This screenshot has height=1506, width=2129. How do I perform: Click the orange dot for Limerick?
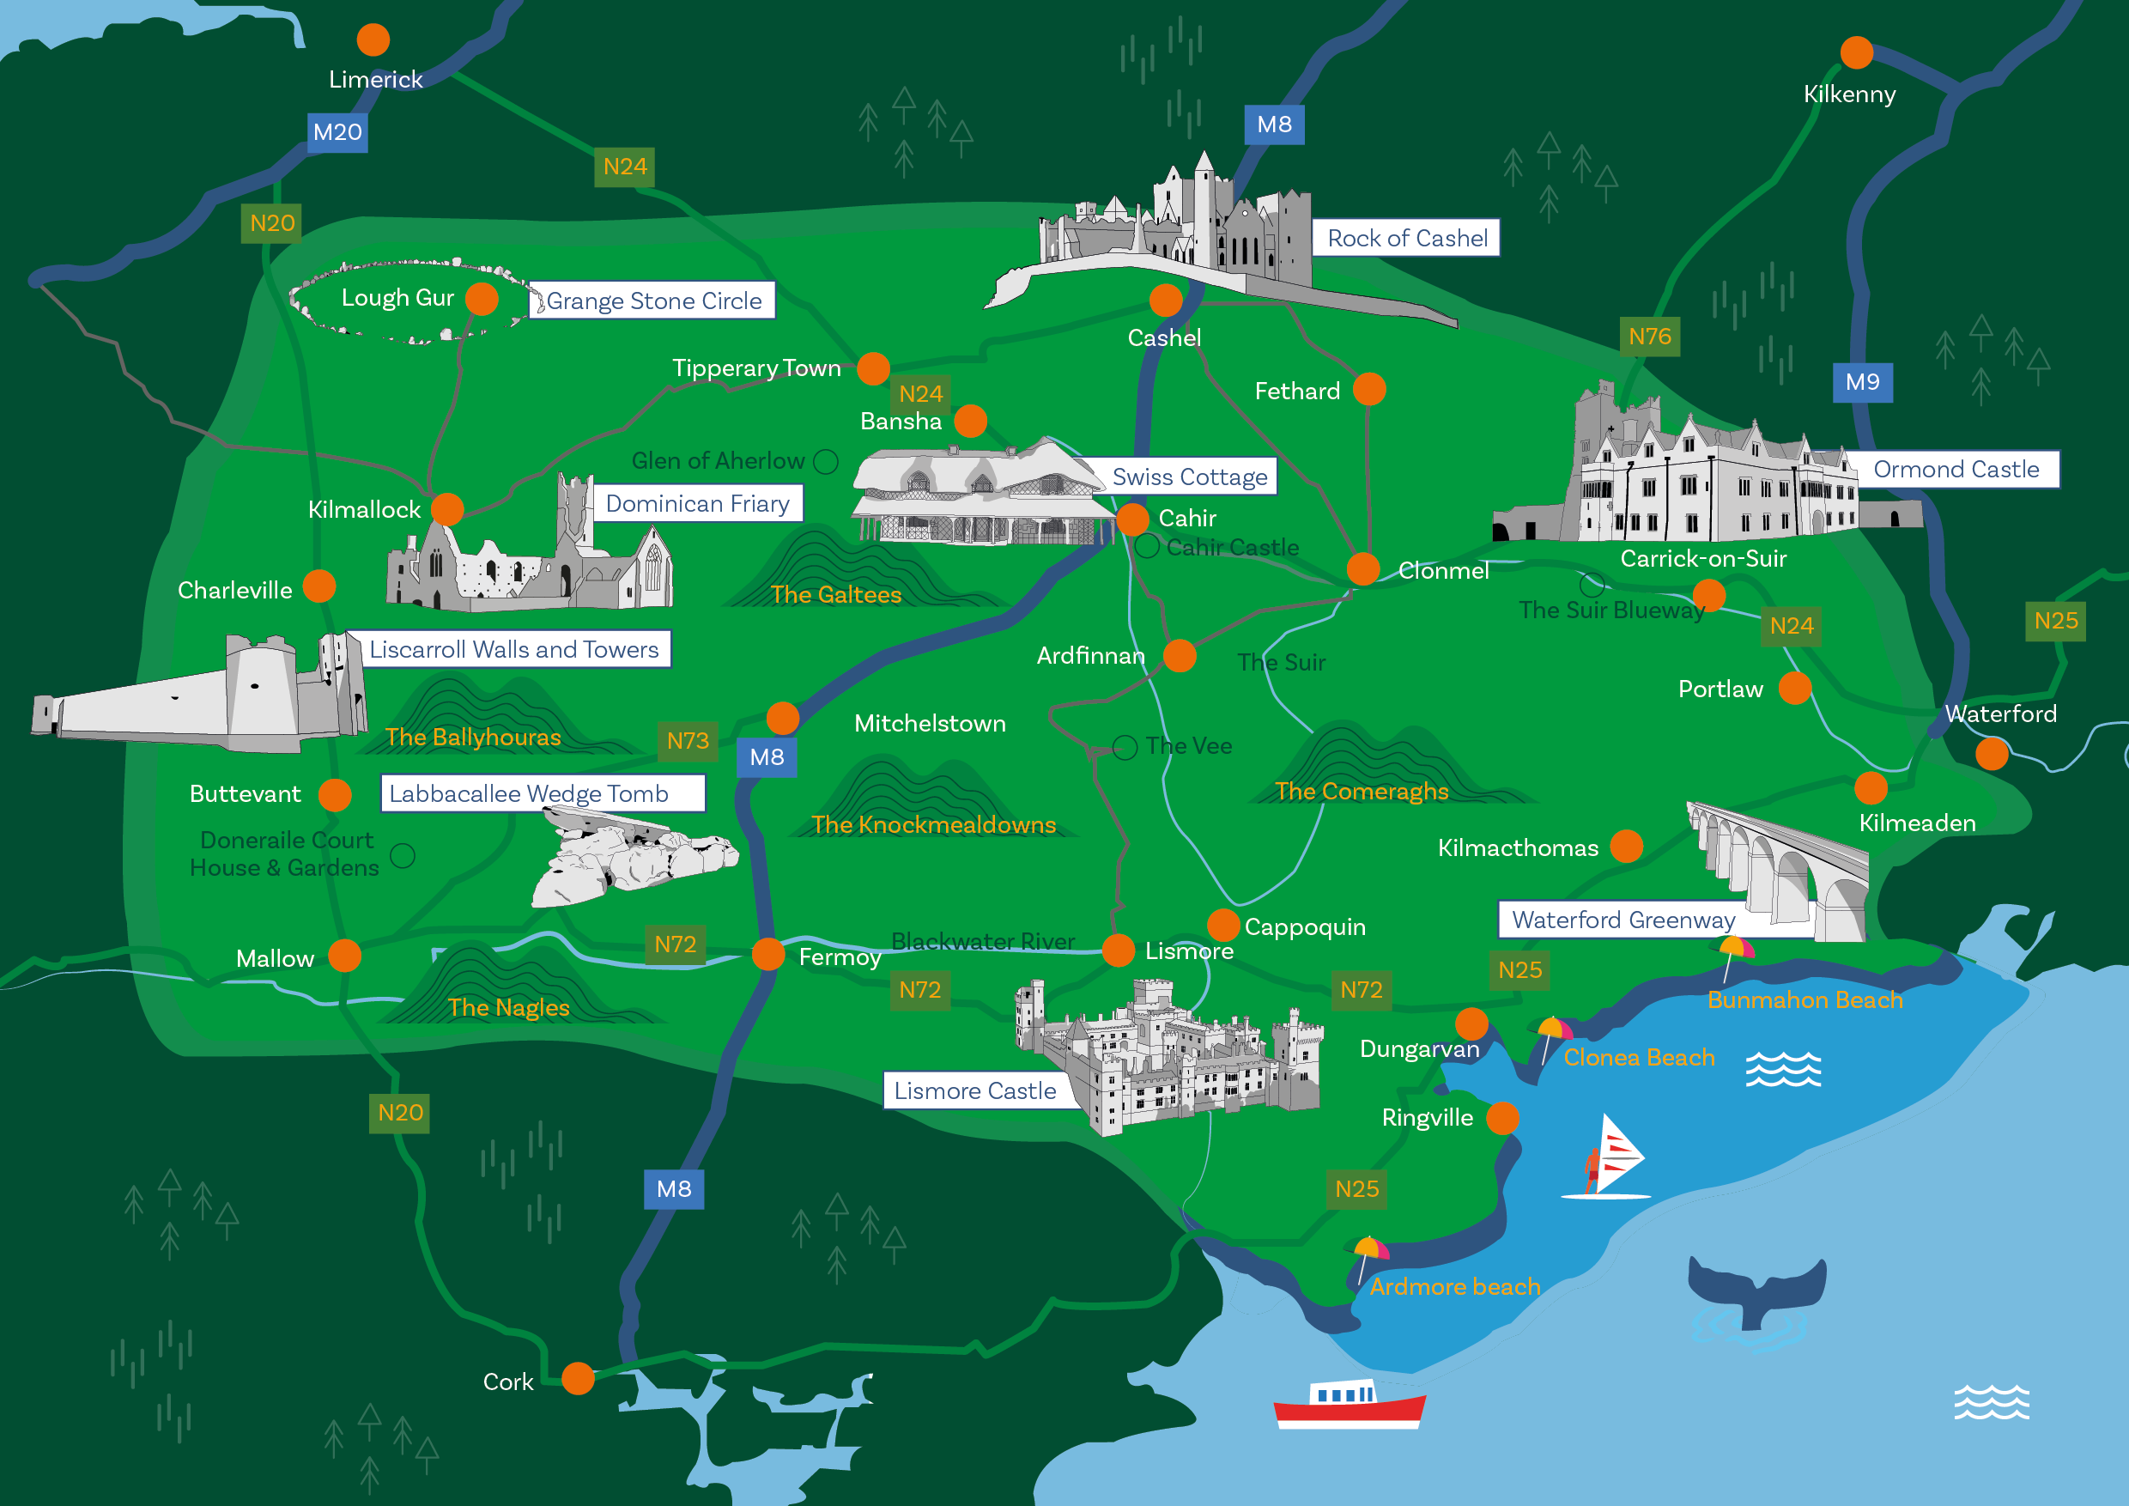click(x=373, y=39)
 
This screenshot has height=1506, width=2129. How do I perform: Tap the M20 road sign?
click(x=337, y=131)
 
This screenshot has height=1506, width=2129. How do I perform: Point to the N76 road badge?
click(x=1650, y=337)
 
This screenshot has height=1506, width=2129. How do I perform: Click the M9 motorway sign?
click(x=1862, y=382)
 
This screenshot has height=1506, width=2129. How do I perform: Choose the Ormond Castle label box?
click(x=1956, y=470)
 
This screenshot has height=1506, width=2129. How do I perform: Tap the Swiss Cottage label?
click(x=1189, y=477)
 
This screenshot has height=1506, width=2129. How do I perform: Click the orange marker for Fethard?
click(x=1368, y=390)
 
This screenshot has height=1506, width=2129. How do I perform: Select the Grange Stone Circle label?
click(x=652, y=301)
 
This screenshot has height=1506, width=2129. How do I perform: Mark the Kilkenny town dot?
click(x=1856, y=53)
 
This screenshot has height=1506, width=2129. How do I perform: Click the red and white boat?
click(x=1349, y=1405)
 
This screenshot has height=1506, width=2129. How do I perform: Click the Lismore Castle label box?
click(x=974, y=1090)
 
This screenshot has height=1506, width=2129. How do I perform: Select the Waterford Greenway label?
click(x=1623, y=920)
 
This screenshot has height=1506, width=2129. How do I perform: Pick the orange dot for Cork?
click(x=578, y=1379)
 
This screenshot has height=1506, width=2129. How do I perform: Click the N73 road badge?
click(x=687, y=741)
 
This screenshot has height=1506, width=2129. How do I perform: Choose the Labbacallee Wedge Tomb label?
click(x=529, y=794)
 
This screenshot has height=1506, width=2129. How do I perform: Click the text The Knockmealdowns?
click(x=933, y=824)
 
